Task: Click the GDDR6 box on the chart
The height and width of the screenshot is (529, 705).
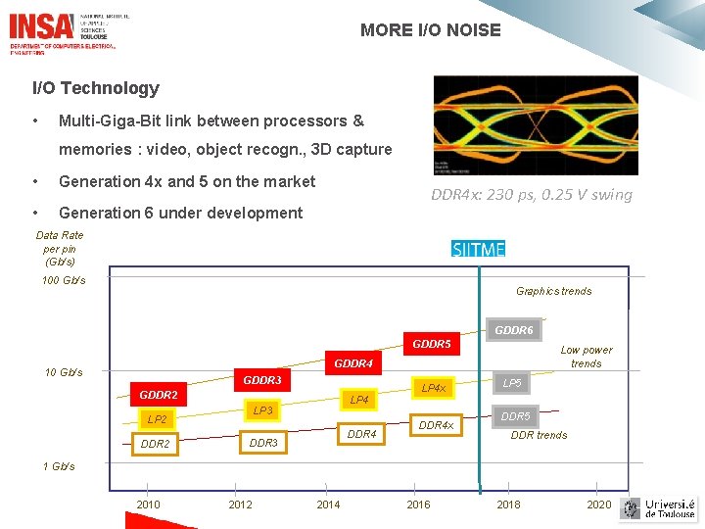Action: pyautogui.click(x=514, y=330)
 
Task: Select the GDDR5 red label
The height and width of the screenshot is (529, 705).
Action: pyautogui.click(x=432, y=344)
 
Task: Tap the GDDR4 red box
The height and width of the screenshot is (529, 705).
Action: pyautogui.click(x=353, y=363)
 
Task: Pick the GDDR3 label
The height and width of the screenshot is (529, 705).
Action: pyautogui.click(x=262, y=380)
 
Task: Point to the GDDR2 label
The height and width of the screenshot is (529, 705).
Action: pyautogui.click(x=159, y=395)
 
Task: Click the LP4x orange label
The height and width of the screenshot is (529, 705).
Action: pyautogui.click(x=433, y=389)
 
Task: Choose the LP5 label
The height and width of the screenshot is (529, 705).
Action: pyautogui.click(x=512, y=382)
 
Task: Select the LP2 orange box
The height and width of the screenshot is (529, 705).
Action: pyautogui.click(x=157, y=419)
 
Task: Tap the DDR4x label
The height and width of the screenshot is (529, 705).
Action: pyautogui.click(x=436, y=425)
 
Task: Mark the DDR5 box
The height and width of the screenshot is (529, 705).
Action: pyautogui.click(x=515, y=416)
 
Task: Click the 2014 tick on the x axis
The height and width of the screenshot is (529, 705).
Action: pyautogui.click(x=329, y=505)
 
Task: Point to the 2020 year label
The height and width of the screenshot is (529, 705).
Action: pyautogui.click(x=598, y=505)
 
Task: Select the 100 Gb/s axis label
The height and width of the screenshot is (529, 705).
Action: pyautogui.click(x=64, y=281)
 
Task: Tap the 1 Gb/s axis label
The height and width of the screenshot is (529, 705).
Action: pyautogui.click(x=59, y=466)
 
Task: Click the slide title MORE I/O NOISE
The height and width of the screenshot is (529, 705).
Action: pyautogui.click(x=430, y=30)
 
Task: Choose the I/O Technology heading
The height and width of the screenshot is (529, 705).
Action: pyautogui.click(x=96, y=88)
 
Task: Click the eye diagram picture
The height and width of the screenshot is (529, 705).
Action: pyautogui.click(x=535, y=125)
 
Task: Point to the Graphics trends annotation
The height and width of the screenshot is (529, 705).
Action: pyautogui.click(x=553, y=291)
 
